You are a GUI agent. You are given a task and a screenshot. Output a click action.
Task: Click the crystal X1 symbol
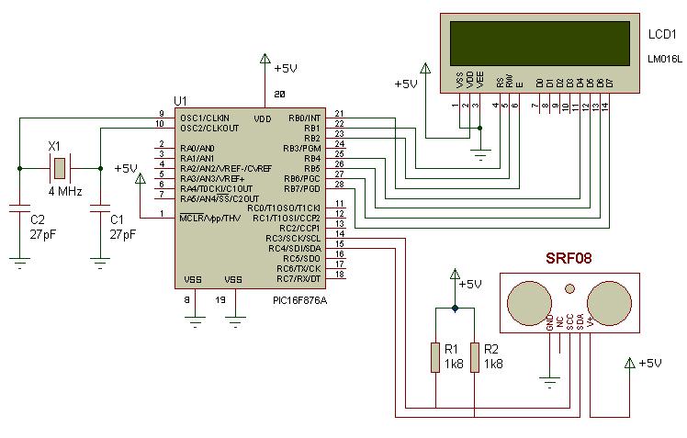coord(59,168)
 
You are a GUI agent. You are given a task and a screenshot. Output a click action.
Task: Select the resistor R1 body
coord(435,357)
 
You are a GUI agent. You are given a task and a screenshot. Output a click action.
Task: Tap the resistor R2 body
coord(475,357)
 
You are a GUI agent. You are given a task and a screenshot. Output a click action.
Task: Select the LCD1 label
coord(661,34)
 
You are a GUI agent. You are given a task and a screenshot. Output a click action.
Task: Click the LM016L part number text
coord(662,60)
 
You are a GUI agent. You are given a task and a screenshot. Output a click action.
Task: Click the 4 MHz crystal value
coord(65,191)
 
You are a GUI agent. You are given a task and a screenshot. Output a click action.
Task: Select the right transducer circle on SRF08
coord(609,301)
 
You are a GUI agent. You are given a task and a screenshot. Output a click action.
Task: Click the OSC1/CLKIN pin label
coord(205,118)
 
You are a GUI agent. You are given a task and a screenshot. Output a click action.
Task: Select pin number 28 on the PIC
coord(339,185)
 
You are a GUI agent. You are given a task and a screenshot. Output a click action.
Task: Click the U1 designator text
coord(179,100)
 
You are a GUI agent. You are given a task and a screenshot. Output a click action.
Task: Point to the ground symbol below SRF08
coord(549,377)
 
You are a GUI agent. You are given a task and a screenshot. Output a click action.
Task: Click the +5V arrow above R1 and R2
coord(454,275)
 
